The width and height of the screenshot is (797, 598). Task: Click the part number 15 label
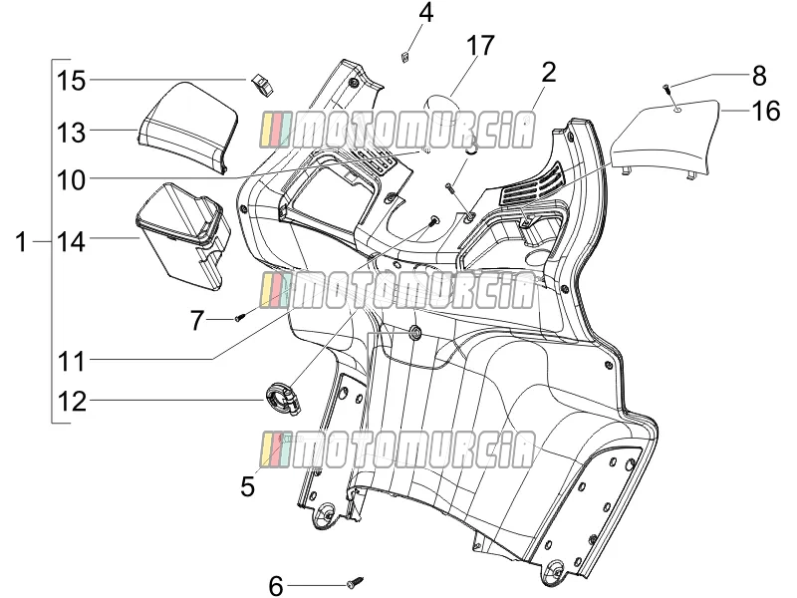[71, 81]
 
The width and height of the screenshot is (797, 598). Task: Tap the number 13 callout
[71, 133]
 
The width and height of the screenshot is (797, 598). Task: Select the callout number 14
[71, 242]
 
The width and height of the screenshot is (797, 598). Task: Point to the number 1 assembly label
[21, 242]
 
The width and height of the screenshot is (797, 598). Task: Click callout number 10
[71, 180]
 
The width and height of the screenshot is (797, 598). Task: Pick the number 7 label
[197, 320]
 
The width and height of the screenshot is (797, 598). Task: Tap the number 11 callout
[71, 362]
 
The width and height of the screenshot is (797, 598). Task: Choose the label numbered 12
[71, 402]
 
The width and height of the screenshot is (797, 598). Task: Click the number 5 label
[247, 486]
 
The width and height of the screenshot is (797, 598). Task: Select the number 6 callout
[276, 586]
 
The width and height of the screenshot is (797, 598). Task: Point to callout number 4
[426, 13]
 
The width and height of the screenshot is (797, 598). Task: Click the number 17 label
[480, 45]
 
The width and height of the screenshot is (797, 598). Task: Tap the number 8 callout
[759, 76]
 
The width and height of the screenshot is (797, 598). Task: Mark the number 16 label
[765, 111]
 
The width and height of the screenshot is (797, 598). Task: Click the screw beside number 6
[356, 582]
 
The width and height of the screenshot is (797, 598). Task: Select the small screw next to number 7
[240, 318]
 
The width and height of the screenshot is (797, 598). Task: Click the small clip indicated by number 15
[262, 85]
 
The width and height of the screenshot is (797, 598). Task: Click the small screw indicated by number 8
[666, 89]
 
